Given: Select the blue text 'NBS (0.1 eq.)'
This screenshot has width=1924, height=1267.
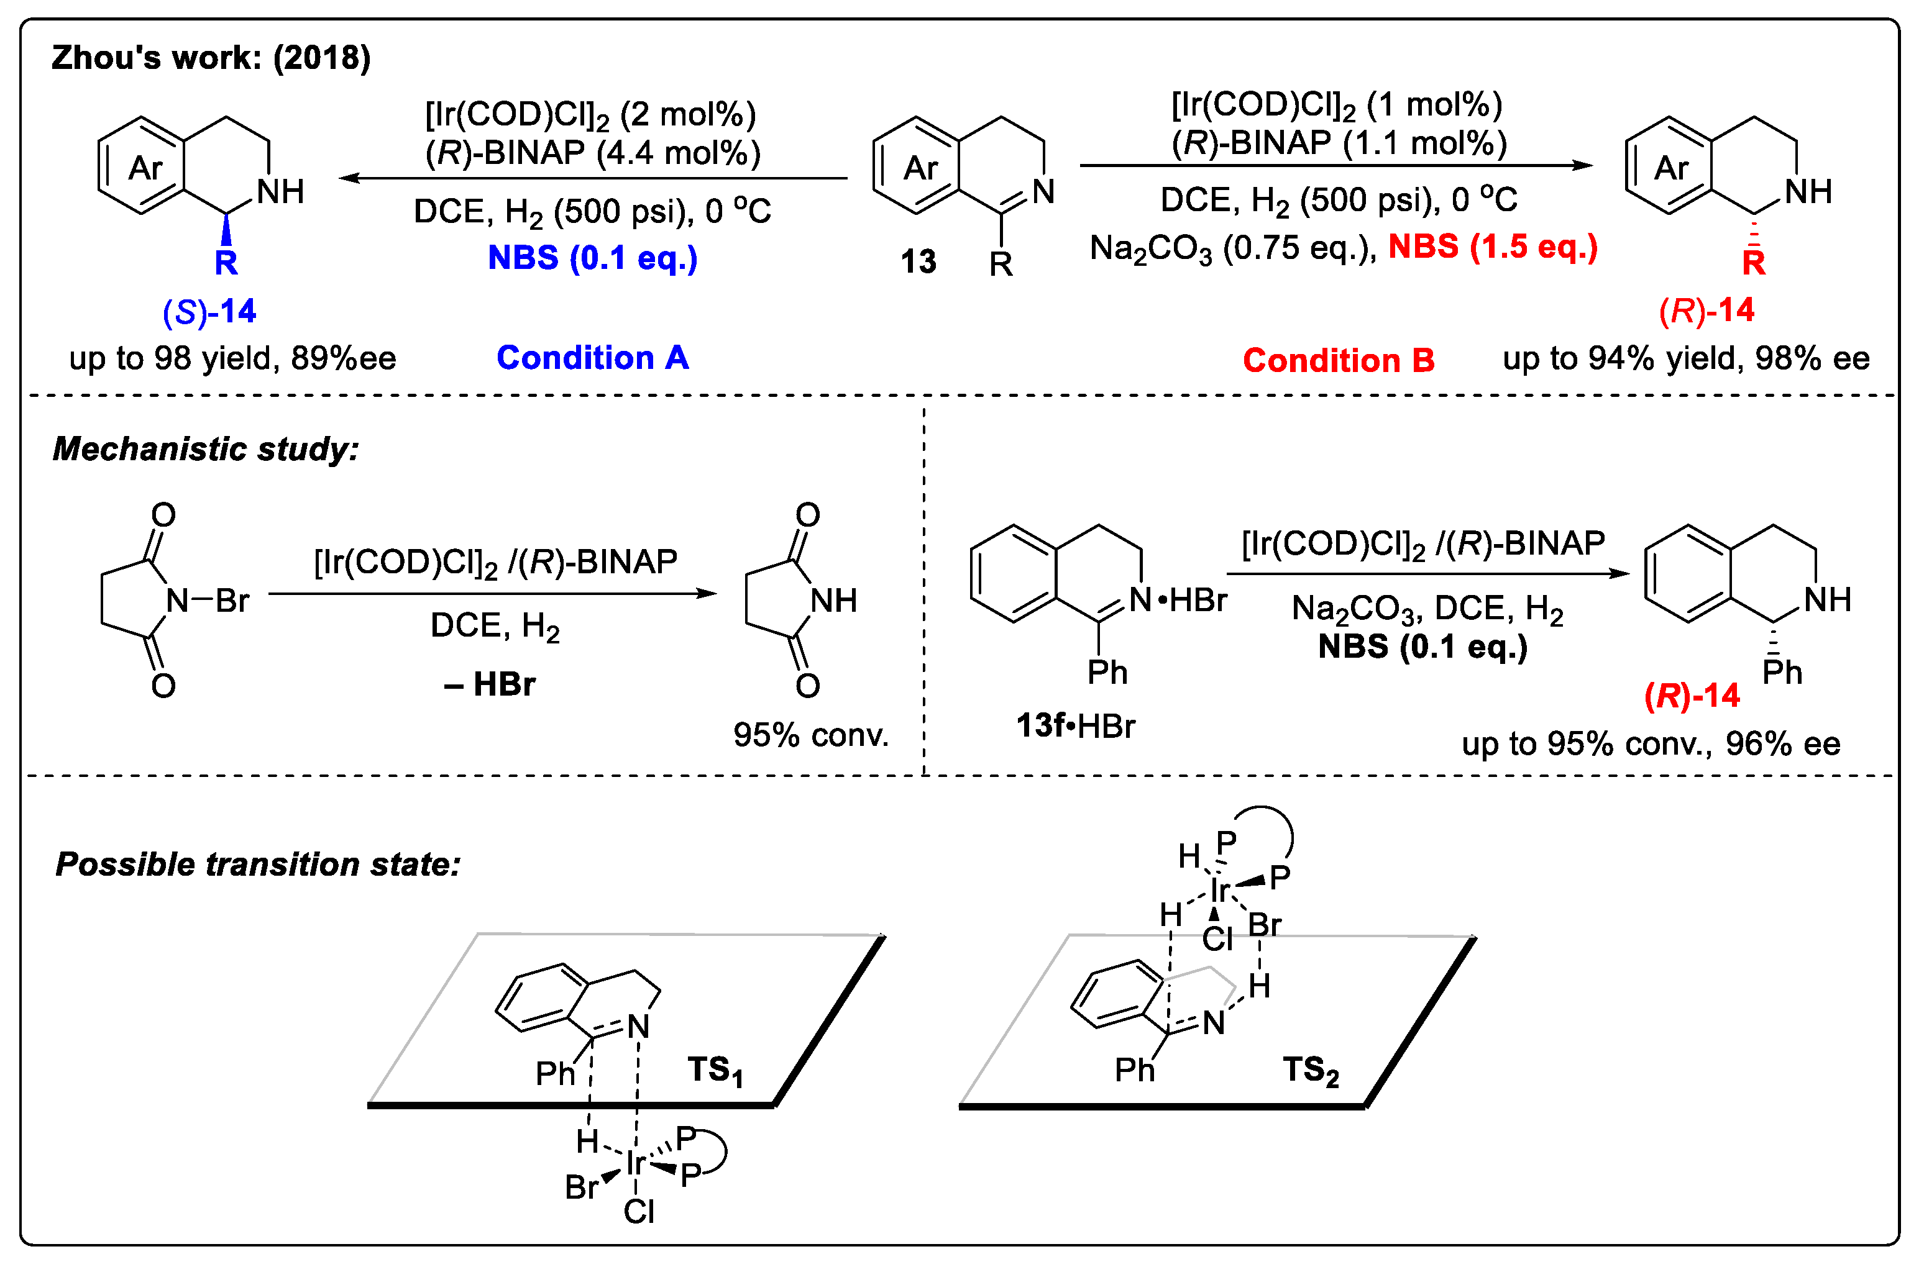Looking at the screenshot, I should click(593, 258).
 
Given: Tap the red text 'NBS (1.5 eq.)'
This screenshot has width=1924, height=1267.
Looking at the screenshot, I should click(1492, 246).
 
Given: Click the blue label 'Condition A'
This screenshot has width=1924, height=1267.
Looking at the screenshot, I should click(593, 357).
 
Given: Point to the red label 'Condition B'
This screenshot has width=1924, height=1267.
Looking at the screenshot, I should click(1338, 360).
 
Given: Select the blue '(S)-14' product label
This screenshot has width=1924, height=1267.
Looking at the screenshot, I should click(209, 311).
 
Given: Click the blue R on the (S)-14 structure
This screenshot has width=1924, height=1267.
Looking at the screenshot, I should click(226, 263).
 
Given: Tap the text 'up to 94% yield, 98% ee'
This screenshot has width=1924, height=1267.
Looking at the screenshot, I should click(1685, 358).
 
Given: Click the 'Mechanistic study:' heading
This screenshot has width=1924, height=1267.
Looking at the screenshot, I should click(205, 448).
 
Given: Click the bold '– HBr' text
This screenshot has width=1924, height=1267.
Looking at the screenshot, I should click(489, 684).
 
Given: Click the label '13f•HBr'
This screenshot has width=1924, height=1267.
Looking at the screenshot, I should click(1075, 725).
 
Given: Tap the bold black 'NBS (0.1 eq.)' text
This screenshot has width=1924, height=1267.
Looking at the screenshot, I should click(1422, 647).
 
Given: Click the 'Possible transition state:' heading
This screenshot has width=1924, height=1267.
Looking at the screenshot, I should click(258, 864).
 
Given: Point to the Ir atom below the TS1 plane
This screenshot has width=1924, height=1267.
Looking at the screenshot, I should click(635, 1162).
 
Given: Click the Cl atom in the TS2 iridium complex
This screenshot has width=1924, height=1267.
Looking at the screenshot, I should click(1217, 939).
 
